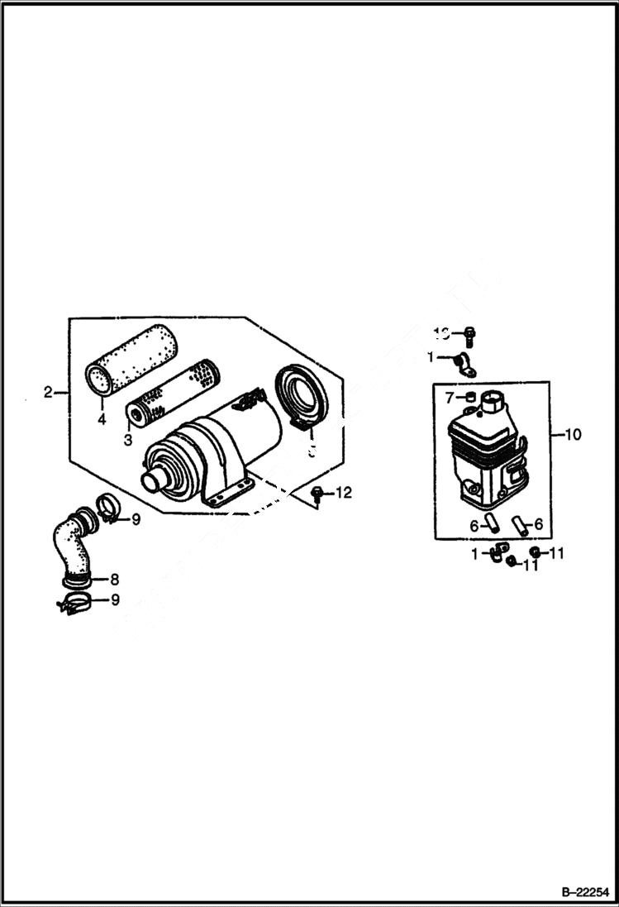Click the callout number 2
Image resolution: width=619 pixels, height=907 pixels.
tap(49, 392)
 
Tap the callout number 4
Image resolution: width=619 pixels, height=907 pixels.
tap(102, 420)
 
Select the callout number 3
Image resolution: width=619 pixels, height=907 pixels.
tap(128, 441)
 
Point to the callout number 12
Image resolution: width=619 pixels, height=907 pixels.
tap(343, 493)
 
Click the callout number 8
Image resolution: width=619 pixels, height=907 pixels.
tap(115, 580)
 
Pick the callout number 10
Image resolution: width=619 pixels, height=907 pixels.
tap(572, 433)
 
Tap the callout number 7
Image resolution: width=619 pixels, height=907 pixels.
tap(450, 399)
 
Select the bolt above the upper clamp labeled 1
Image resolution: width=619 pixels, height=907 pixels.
tap(469, 335)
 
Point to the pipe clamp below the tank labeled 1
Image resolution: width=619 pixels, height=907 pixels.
tap(498, 552)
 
